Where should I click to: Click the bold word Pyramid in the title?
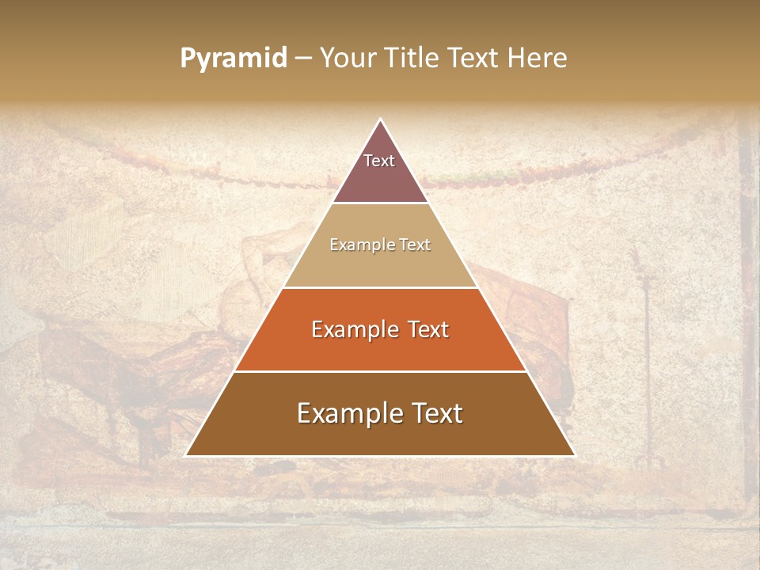pos(233,59)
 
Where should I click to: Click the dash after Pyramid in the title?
pos(303,59)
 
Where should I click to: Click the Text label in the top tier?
pos(379,161)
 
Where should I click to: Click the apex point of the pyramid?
pos(380,120)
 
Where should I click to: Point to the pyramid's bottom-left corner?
pos(186,455)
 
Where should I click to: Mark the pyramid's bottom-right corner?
pos(574,455)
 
